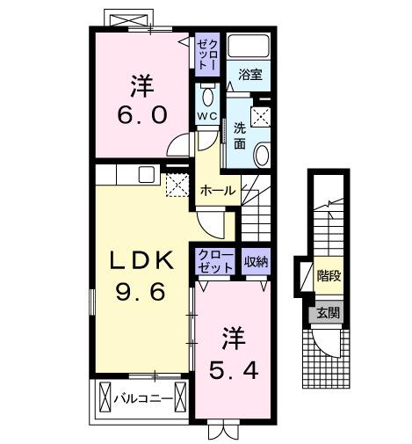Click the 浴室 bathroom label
[251, 75]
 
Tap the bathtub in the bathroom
[251, 47]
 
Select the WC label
[207, 116]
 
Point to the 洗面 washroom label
[239, 134]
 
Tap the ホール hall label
[217, 190]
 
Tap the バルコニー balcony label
[142, 397]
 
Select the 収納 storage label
[257, 260]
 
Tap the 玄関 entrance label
[328, 313]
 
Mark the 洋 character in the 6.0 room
[142, 86]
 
